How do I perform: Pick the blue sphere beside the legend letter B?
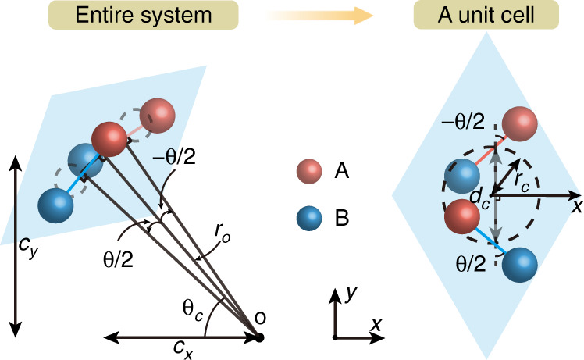[309, 221]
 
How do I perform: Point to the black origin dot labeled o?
[260, 337]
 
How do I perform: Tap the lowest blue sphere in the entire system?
[55, 205]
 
